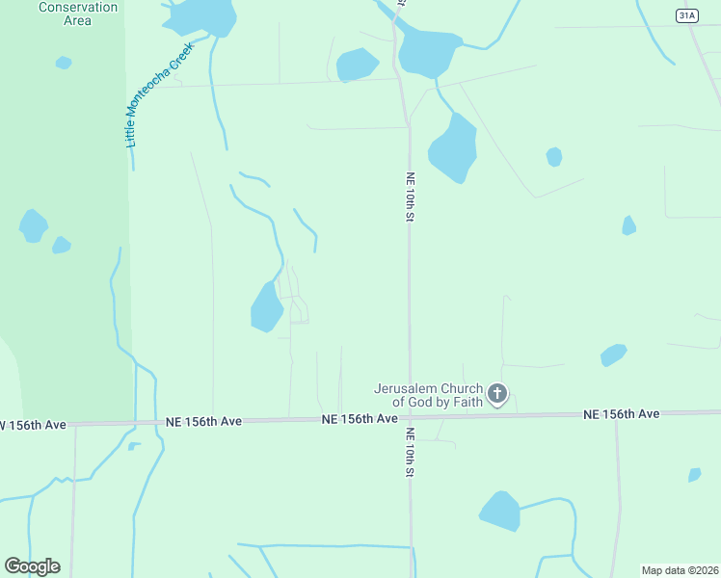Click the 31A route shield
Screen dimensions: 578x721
click(x=685, y=15)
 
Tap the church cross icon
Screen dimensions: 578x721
click(x=497, y=393)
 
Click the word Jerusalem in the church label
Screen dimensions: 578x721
click(x=404, y=389)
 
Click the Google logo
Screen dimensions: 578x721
click(x=32, y=566)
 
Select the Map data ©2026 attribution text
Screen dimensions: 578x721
click(x=680, y=570)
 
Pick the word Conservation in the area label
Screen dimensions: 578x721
click(x=78, y=8)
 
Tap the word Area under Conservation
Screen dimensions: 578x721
click(x=77, y=20)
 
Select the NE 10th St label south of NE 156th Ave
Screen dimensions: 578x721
click(x=410, y=453)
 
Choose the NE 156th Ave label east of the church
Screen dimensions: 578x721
click(x=621, y=413)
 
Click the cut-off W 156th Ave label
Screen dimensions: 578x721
click(x=33, y=425)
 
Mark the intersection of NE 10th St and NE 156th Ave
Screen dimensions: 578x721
click(x=410, y=418)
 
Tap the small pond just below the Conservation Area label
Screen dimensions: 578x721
click(x=64, y=63)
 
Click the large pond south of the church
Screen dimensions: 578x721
click(x=499, y=511)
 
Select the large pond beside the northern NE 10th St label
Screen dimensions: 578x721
click(x=453, y=147)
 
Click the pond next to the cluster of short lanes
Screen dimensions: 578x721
click(x=266, y=307)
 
